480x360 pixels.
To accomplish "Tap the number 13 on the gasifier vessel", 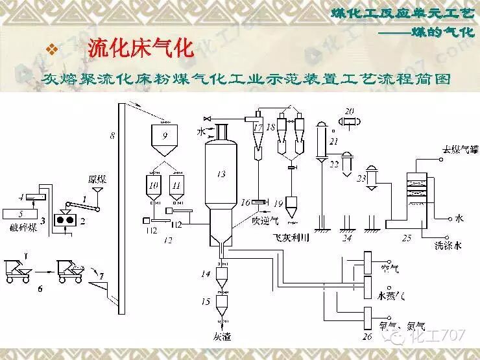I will (x=221, y=173).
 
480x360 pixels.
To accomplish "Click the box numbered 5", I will (x=22, y=213).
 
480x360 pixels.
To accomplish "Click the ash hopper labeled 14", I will (x=222, y=276).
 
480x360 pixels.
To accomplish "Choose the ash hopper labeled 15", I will (x=222, y=303).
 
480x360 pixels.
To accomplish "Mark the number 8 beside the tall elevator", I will (x=112, y=136).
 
